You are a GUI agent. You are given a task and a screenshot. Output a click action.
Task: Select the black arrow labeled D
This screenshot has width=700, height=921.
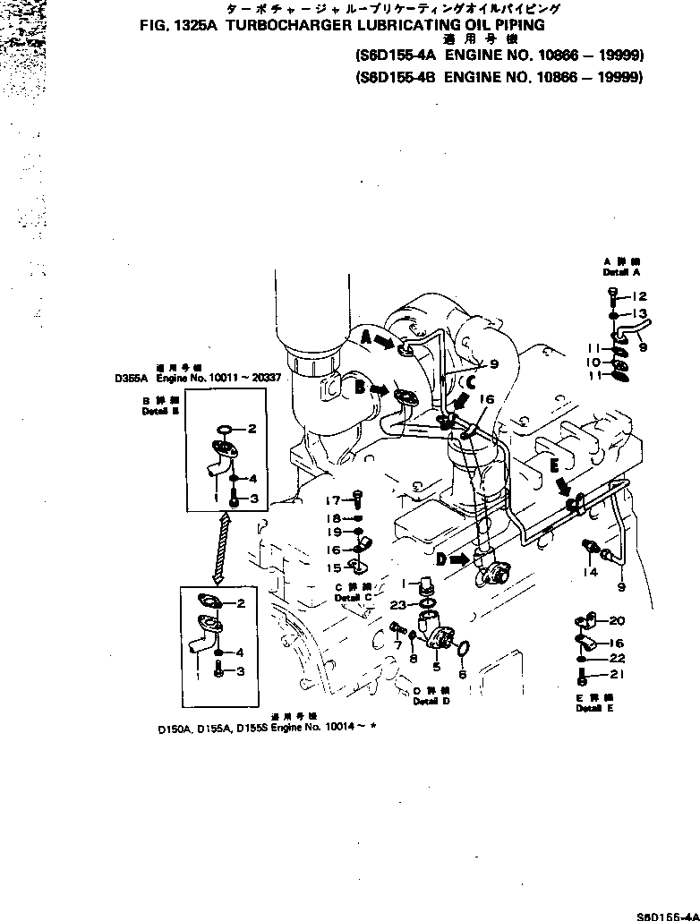point(457,560)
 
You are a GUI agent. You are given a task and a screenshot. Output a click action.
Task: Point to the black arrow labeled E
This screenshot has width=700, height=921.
point(562,487)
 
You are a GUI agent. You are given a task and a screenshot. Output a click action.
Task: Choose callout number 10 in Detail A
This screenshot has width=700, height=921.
point(592,362)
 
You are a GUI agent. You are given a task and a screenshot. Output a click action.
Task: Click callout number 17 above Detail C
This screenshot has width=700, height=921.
point(333,499)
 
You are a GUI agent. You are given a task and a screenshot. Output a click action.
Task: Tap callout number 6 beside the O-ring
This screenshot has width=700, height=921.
point(462,673)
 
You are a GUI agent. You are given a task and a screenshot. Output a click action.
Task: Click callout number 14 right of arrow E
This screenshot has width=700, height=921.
point(590,571)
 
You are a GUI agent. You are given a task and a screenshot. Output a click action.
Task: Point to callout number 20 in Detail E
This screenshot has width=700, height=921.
point(618,621)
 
